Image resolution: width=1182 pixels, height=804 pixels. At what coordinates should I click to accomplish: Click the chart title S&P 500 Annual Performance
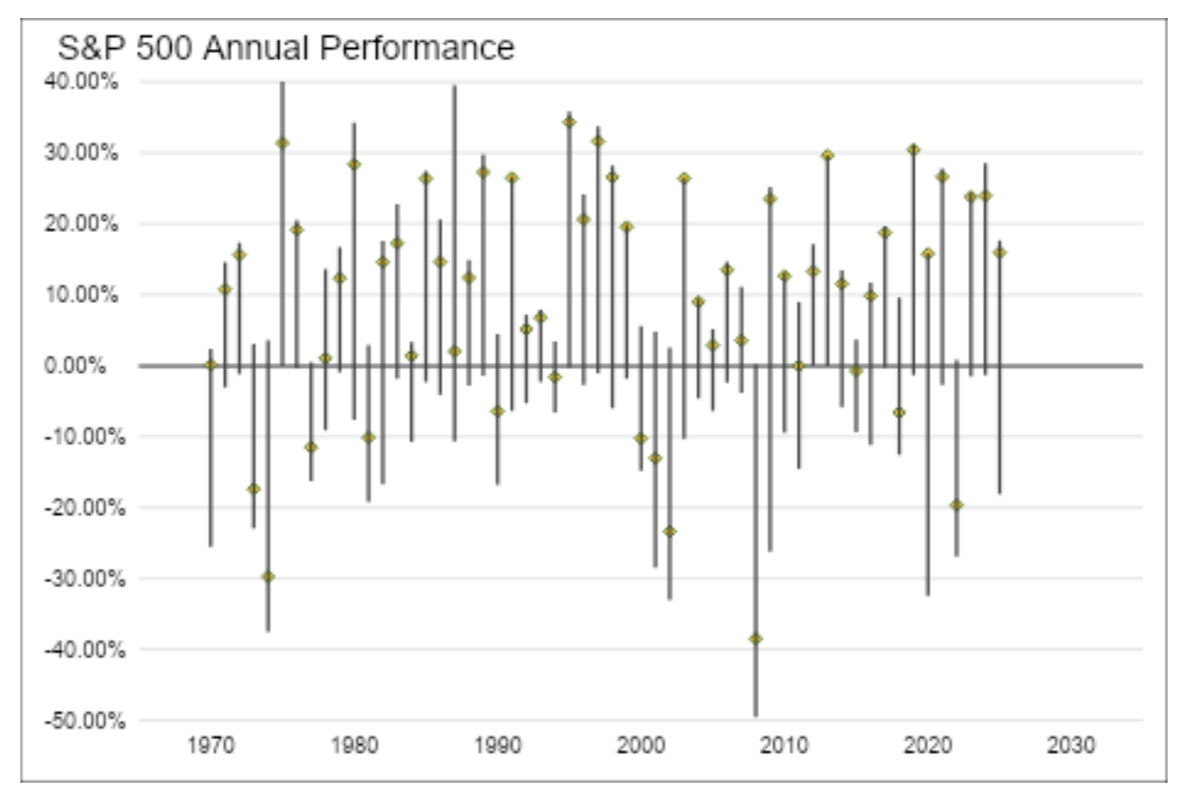(285, 48)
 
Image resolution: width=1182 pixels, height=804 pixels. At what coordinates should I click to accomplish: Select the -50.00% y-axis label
(84, 721)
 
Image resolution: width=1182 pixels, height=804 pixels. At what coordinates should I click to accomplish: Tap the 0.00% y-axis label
(74, 365)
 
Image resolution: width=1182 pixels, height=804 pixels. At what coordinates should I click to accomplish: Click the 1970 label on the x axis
(210, 745)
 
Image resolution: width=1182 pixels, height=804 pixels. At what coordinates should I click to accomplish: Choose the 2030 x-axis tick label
(1070, 745)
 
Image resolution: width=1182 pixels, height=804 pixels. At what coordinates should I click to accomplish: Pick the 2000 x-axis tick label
(640, 745)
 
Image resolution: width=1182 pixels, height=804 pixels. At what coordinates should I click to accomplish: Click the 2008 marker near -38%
(755, 638)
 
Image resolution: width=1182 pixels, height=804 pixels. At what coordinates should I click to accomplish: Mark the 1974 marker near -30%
(267, 576)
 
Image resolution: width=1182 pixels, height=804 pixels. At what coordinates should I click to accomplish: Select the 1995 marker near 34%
(569, 122)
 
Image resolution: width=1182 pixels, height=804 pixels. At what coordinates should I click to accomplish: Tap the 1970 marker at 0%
(210, 365)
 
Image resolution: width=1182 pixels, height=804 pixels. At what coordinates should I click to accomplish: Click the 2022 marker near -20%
(956, 505)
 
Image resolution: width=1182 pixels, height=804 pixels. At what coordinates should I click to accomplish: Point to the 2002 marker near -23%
(669, 531)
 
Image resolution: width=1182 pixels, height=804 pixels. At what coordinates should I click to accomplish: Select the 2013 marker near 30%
(827, 155)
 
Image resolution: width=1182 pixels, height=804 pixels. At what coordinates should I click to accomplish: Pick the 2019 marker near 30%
(913, 150)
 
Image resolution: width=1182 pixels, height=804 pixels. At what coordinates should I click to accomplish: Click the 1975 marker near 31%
(282, 143)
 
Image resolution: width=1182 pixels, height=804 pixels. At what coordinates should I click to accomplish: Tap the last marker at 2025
(999, 252)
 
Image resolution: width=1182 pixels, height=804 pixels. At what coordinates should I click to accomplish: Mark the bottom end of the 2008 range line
(755, 715)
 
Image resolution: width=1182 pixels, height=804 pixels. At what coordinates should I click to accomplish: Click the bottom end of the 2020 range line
(928, 594)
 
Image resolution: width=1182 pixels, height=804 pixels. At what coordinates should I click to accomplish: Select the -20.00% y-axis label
(84, 507)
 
